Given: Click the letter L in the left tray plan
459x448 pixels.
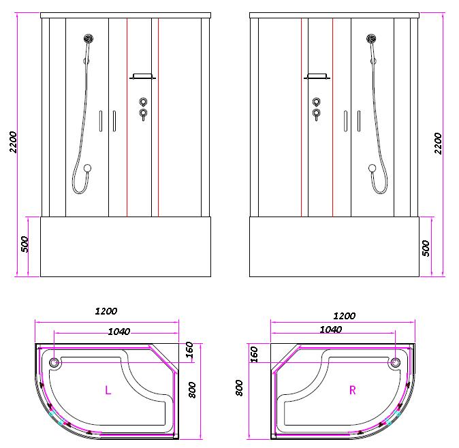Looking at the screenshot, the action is click(108, 390).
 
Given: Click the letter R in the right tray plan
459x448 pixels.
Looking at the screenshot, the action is click(353, 390).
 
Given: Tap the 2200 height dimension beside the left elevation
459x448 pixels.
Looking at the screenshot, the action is click(14, 142).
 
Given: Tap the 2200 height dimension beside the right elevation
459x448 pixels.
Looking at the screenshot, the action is click(438, 144).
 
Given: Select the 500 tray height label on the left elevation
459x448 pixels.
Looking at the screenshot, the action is click(25, 244).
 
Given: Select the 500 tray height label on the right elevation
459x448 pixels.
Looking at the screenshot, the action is click(426, 248).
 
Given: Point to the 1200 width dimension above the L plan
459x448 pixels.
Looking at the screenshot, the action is click(106, 311).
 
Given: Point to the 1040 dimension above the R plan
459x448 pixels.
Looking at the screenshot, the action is click(330, 330).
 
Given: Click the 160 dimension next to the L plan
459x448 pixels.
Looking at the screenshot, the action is click(189, 350).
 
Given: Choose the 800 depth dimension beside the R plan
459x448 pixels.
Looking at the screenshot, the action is click(239, 388).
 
